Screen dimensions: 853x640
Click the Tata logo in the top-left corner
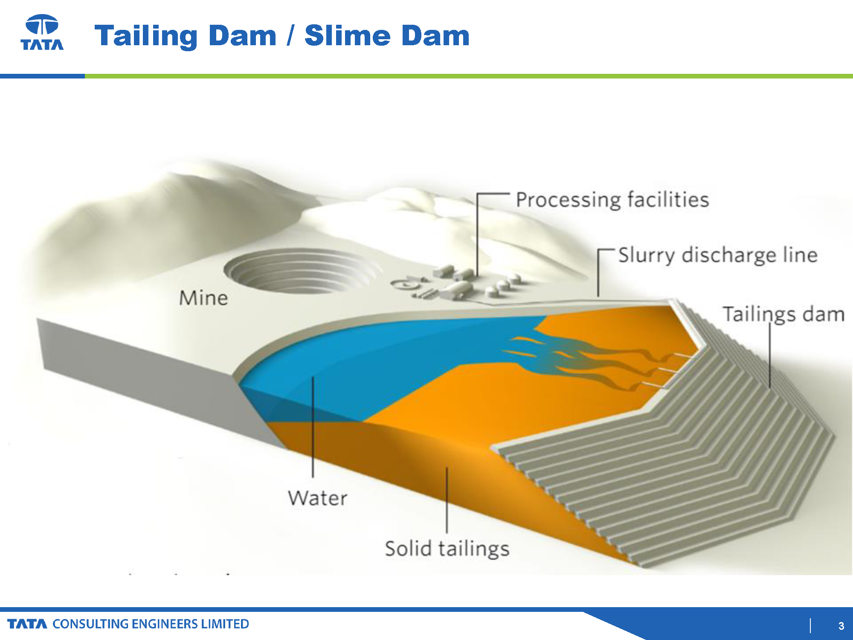click(42, 32)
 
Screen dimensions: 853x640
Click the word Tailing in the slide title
click(146, 36)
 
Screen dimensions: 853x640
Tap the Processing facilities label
click(612, 200)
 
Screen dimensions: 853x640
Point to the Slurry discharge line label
click(718, 255)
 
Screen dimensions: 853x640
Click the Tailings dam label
click(783, 314)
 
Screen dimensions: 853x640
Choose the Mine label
click(203, 298)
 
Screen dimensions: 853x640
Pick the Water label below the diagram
click(318, 498)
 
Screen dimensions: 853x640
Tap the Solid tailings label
click(447, 549)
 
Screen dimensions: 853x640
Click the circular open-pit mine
click(301, 272)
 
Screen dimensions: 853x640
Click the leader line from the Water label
click(313, 427)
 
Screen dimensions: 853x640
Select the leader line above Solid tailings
click(447, 500)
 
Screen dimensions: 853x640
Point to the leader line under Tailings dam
click(770, 355)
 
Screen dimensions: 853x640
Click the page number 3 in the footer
click(841, 626)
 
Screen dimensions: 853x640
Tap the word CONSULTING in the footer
click(90, 624)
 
